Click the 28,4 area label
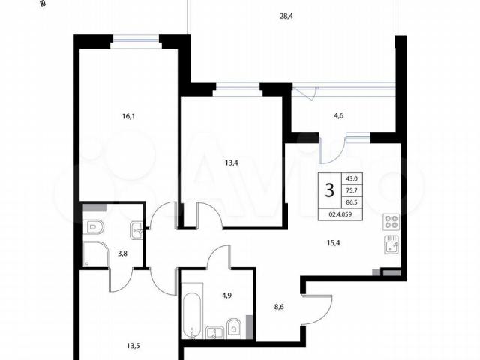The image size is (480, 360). coord(286,16)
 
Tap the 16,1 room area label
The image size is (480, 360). coord(128,116)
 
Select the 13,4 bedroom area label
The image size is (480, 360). coord(232,163)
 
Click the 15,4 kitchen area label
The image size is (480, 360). coord(333,243)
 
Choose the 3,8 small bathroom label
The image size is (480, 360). coord(123,253)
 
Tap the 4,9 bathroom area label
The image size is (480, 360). coord(226,295)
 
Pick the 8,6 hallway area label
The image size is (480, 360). coord(279,307)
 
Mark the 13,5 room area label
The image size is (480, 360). coord(133,346)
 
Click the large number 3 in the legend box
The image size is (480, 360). coord(330,190)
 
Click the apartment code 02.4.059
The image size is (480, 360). coord(340,214)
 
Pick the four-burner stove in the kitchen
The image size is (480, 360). coord(391,222)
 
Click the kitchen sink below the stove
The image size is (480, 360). coord(391,244)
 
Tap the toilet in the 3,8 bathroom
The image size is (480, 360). coord(94,226)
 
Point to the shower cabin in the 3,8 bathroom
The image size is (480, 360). coord(95,254)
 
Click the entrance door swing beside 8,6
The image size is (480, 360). coord(317,309)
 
